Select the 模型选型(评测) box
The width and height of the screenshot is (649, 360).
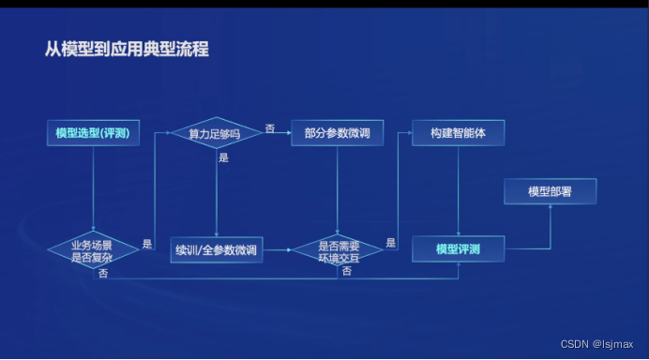coord(92,133)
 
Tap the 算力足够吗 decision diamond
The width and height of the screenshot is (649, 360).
coord(215,133)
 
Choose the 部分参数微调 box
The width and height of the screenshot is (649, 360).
coord(337,133)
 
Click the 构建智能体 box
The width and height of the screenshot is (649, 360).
coord(458,133)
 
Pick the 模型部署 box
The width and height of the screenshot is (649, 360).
coord(551,191)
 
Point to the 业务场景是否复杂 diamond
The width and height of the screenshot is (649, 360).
coord(92,250)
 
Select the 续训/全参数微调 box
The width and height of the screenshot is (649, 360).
coord(217,250)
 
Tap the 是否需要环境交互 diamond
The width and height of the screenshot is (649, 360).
coord(337,250)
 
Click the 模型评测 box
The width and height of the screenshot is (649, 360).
coord(458,249)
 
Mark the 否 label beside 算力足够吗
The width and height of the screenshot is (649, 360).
coord(270,127)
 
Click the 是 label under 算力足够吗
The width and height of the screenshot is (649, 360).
coord(223,158)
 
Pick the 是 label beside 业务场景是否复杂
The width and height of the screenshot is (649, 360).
coord(147,244)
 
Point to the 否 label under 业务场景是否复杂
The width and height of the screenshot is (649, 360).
coord(102,273)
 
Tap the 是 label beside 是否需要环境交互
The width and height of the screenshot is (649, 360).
coord(391,244)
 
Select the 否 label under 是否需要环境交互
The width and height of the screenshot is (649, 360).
coord(346,271)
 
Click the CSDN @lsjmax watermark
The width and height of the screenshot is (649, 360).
coord(597,344)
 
